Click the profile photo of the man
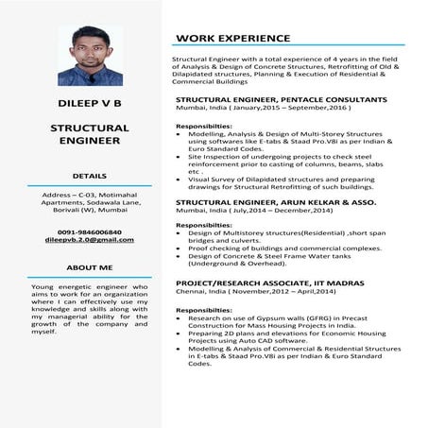83,55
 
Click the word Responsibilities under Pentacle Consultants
204,126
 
